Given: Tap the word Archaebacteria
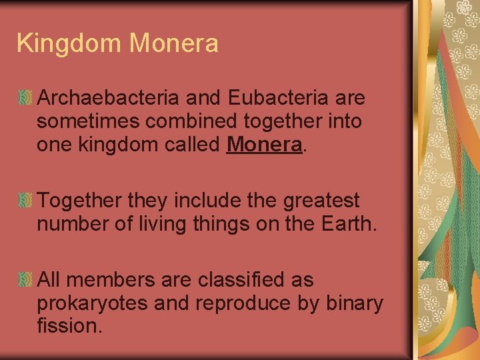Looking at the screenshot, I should point(108,98).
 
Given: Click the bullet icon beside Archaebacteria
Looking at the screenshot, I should point(25,99).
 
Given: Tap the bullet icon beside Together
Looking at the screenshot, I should point(25,200).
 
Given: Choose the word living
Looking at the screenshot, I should point(177,223).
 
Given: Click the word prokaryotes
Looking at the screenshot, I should point(91,303).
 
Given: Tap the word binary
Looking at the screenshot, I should point(355,303).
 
